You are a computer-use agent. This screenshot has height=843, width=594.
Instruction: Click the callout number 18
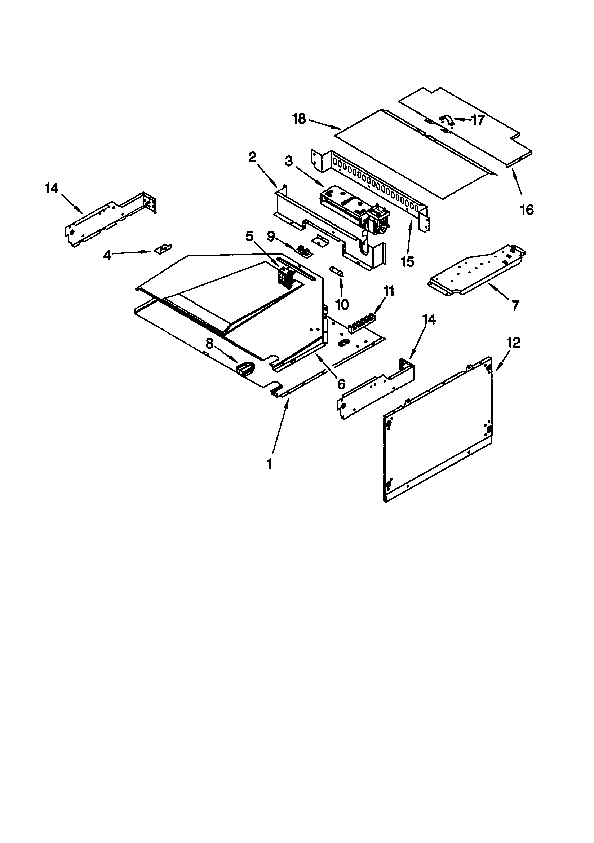click(x=299, y=119)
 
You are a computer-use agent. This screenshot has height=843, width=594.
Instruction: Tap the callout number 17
click(x=478, y=120)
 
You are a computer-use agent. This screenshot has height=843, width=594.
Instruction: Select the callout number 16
click(x=527, y=210)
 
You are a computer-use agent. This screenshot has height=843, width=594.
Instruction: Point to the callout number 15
click(x=408, y=262)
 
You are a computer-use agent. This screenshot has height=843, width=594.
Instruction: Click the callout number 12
click(x=513, y=343)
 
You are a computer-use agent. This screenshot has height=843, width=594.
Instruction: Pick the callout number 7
click(x=515, y=305)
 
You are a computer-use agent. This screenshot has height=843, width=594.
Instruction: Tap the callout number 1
click(x=270, y=464)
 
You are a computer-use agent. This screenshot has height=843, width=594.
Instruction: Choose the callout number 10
click(x=342, y=304)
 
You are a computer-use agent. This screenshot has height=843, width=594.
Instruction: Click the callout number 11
click(x=389, y=291)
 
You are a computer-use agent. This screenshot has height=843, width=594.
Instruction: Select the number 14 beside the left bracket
click(x=52, y=189)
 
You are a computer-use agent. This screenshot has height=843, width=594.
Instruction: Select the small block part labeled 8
click(x=245, y=368)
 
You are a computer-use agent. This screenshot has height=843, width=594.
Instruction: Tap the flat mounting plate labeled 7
click(x=477, y=270)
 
